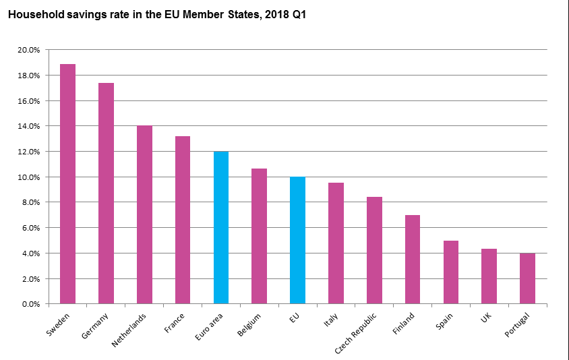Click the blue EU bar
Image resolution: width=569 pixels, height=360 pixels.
click(x=297, y=240)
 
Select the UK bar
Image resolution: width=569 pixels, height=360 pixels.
click(x=489, y=276)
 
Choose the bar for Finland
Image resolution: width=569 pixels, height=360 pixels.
click(x=413, y=260)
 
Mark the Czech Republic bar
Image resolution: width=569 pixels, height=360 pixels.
click(x=374, y=250)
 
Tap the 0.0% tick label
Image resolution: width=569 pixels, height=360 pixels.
click(x=32, y=304)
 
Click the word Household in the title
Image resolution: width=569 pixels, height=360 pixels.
click(x=34, y=14)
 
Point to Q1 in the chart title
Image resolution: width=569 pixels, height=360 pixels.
click(x=298, y=14)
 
